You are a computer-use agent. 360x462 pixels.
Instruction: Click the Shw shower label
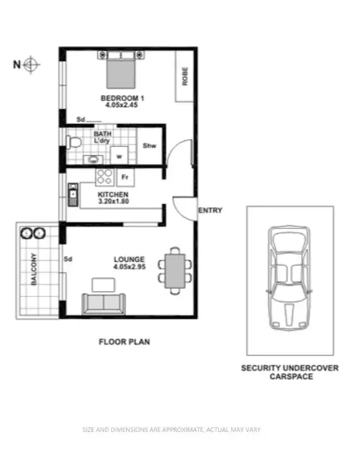[149, 146]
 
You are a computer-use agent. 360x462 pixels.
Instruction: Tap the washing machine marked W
[119, 155]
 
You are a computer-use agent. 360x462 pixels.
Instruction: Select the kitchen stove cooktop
[104, 175]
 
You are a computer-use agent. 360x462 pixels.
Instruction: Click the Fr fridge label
[126, 175]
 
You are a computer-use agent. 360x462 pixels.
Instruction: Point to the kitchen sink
[73, 192]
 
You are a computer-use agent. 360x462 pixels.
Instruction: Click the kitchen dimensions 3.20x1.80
[113, 201]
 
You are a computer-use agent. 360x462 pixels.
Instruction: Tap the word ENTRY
[210, 210]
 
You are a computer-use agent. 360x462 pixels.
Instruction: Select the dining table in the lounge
[176, 270]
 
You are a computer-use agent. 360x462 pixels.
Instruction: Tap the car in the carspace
[289, 280]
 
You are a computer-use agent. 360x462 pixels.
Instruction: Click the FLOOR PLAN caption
[124, 342]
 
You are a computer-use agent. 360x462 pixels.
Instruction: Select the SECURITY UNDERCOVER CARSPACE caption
[290, 372]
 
